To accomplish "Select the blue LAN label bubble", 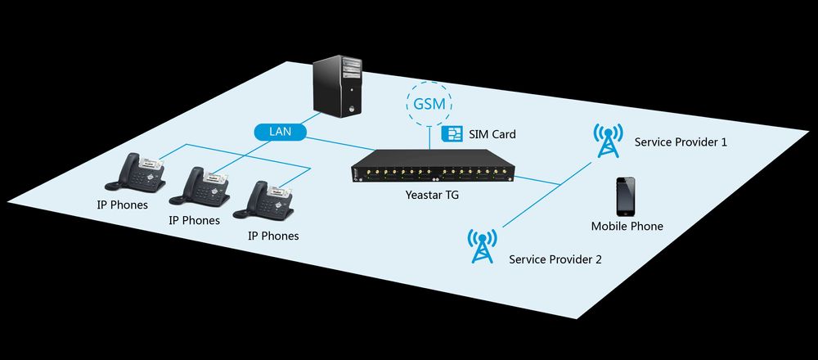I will coord(276,131).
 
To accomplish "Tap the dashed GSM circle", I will coord(429,104).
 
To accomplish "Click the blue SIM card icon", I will coord(449,133).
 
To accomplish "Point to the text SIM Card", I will coord(492,133).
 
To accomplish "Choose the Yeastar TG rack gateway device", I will coord(434,169).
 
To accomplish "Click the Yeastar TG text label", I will coord(434,196).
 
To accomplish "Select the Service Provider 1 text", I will coord(681,142).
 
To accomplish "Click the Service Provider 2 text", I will coord(555,259).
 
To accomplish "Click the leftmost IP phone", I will coord(138,171).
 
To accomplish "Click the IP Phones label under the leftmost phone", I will coord(122,205).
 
